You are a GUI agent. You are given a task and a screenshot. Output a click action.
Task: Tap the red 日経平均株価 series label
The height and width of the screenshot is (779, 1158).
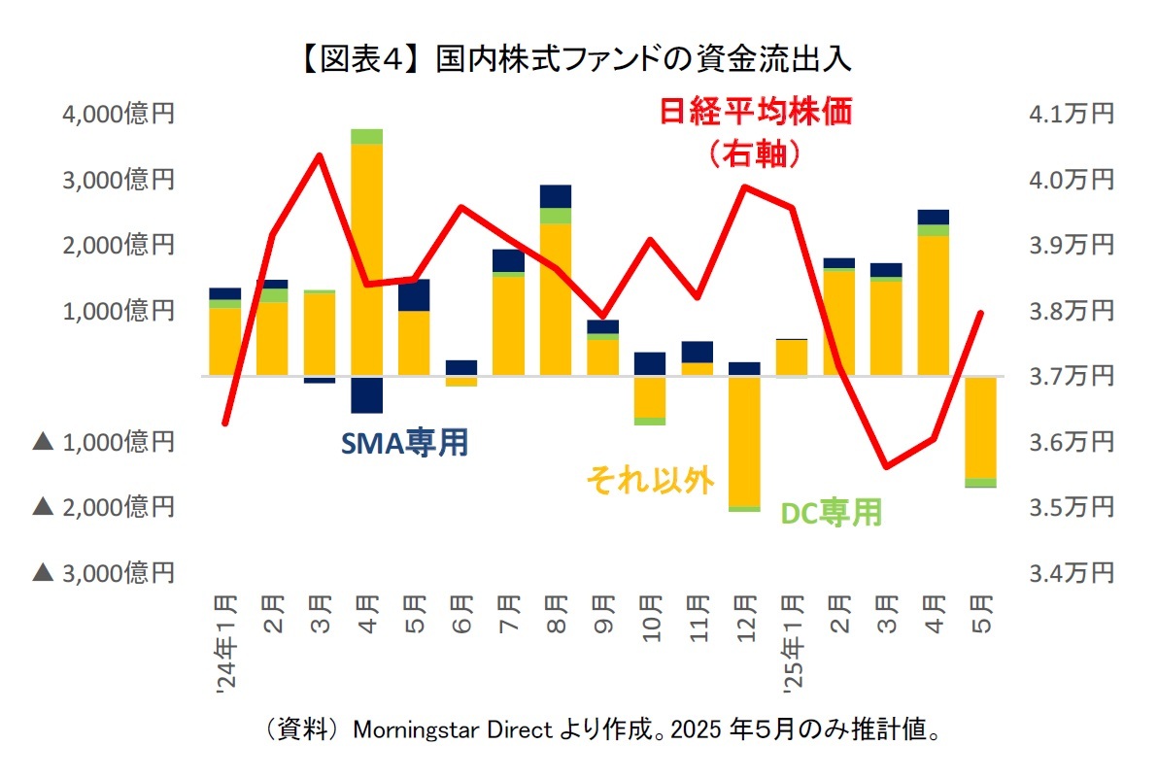(x=756, y=113)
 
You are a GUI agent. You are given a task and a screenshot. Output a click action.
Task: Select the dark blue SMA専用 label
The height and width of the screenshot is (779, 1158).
(x=404, y=443)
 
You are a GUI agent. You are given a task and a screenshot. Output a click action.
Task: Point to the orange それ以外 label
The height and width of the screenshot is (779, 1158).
(x=650, y=480)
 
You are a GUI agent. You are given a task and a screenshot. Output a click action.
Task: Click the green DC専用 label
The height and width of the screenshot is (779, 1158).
(x=832, y=512)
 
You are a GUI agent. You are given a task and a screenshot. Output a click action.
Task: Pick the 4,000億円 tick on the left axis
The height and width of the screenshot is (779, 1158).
(x=119, y=115)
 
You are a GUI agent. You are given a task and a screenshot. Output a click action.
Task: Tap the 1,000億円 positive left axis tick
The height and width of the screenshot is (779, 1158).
(x=119, y=311)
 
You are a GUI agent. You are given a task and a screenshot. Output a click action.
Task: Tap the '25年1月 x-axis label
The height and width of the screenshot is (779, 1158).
(x=792, y=641)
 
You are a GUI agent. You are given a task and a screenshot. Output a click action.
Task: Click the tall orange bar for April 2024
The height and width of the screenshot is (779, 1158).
(x=367, y=257)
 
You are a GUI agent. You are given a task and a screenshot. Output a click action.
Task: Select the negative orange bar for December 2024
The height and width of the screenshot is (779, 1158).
(x=744, y=441)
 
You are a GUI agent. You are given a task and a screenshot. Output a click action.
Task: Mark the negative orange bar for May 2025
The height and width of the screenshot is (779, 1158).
(x=980, y=427)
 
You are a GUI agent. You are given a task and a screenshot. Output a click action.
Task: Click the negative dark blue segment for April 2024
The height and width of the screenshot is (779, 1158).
(x=367, y=394)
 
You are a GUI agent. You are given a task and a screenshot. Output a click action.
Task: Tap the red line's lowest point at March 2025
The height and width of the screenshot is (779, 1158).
(x=886, y=467)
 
